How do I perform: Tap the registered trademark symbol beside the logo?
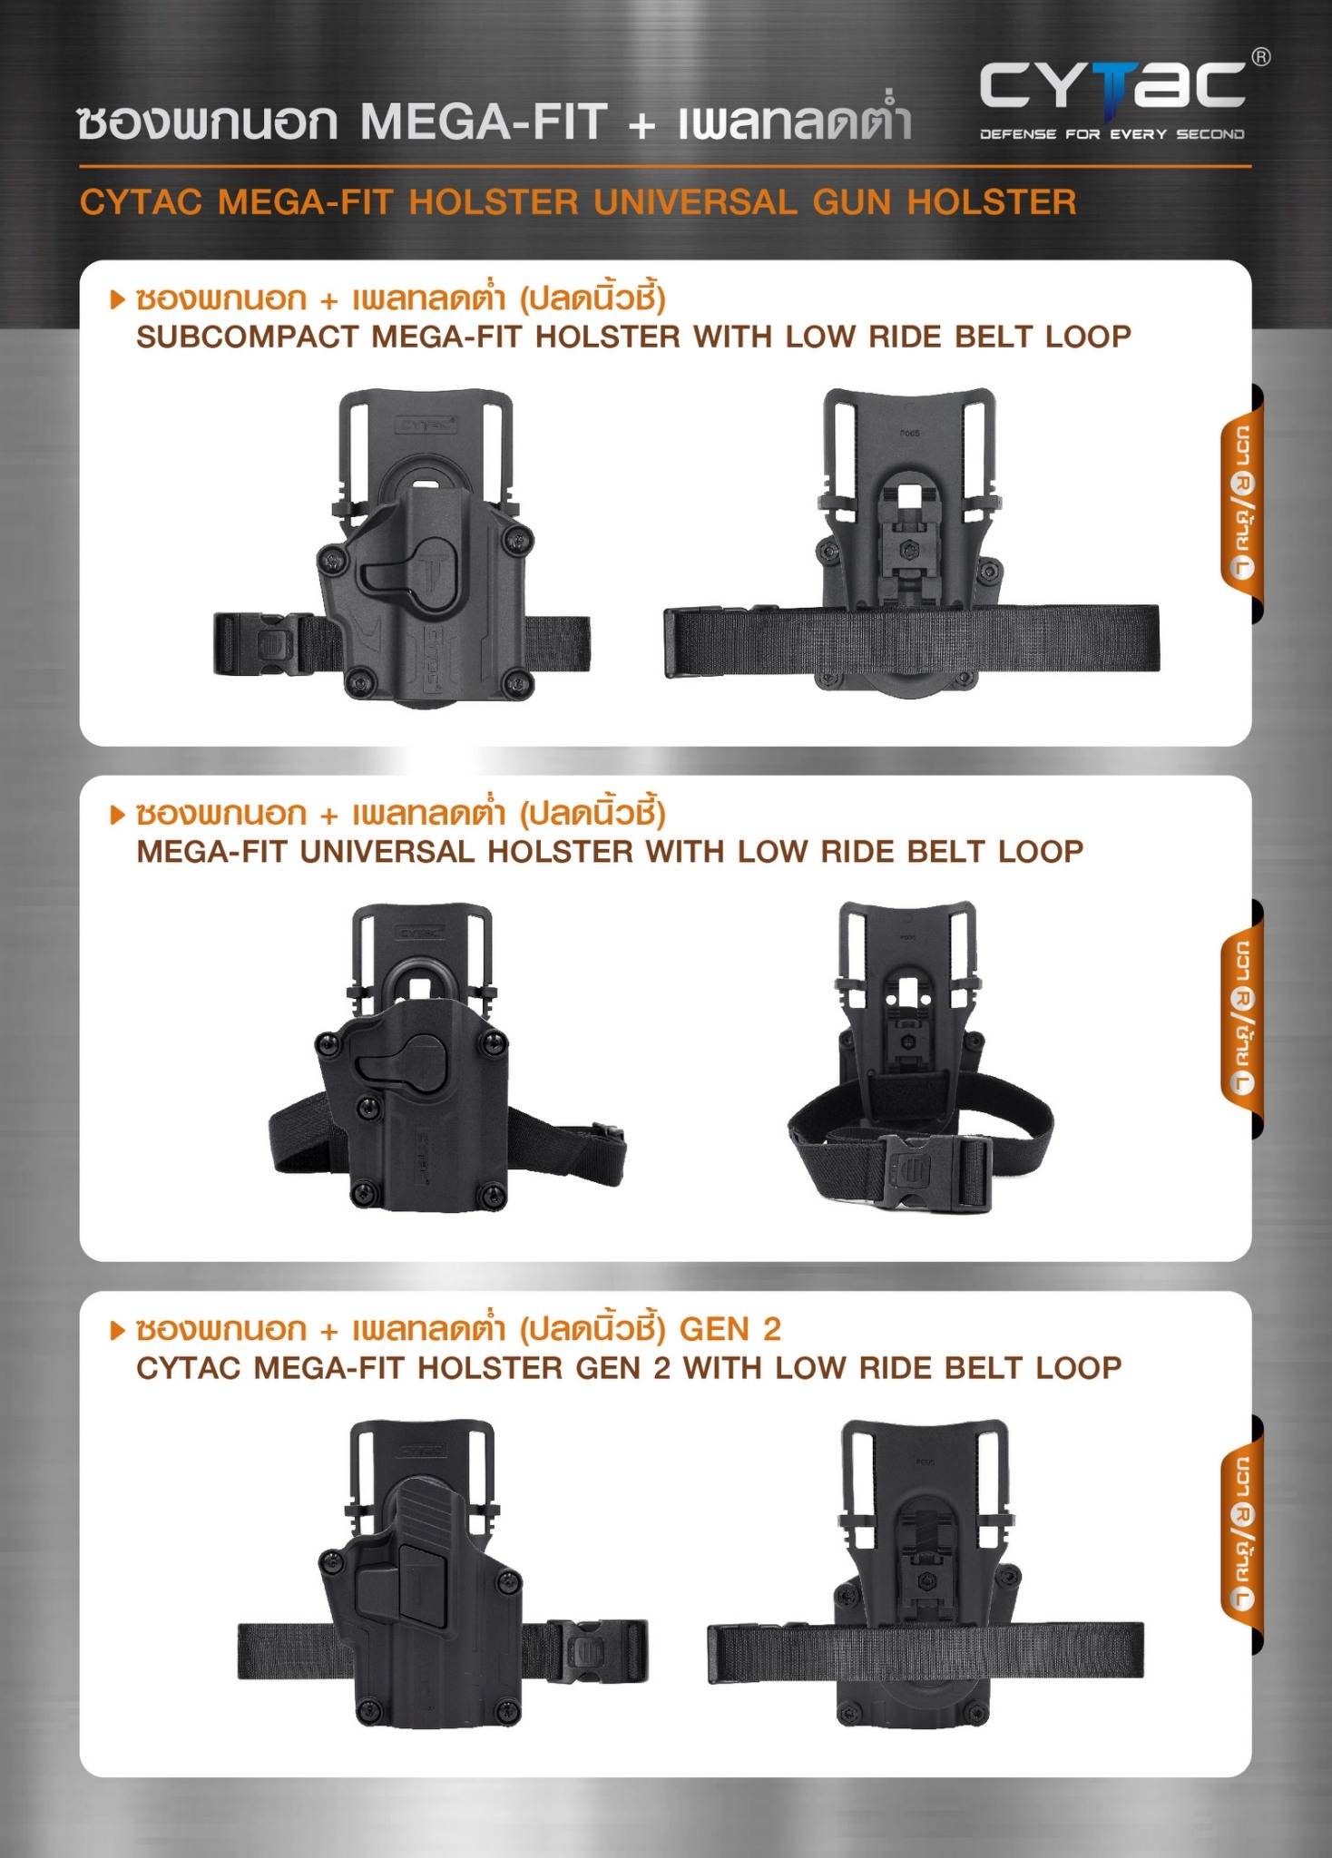point(1261,57)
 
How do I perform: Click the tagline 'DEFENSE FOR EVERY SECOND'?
point(1112,134)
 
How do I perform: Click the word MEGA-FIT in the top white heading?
point(484,122)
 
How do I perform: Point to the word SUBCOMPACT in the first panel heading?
point(247,337)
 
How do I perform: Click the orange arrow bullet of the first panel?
point(117,298)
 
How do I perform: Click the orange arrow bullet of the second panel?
point(117,814)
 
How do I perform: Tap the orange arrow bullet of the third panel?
point(117,1330)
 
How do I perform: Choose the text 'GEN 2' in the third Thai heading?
point(730,1329)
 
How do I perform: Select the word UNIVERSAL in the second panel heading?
point(387,852)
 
